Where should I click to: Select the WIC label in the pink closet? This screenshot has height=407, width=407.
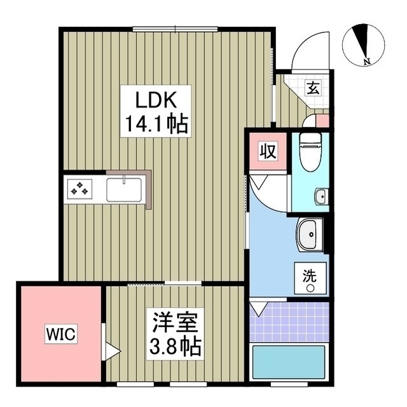click(60, 333)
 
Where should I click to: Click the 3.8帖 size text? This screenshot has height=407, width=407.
click(176, 347)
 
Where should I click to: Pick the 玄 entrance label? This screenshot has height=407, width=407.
click(314, 88)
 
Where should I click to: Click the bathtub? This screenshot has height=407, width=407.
click(290, 363)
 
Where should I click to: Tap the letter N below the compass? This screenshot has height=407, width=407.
click(366, 62)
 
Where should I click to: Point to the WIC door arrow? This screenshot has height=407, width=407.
click(113, 350)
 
